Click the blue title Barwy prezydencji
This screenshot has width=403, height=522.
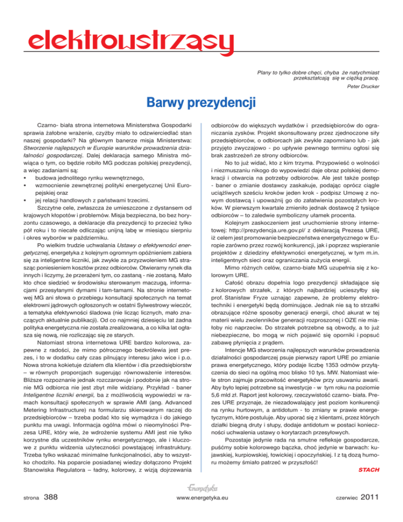pyautogui.click(x=201, y=101)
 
